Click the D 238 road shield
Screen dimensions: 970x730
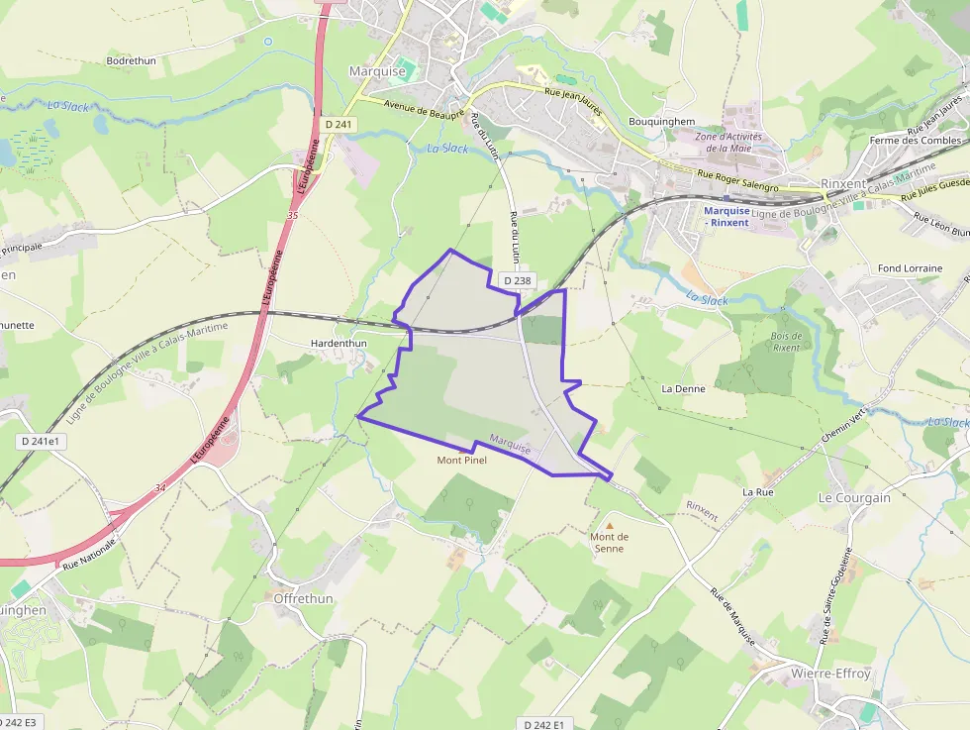517,281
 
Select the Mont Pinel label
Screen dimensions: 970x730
462,461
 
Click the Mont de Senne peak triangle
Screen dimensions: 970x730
610,525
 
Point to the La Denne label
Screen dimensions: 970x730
683,389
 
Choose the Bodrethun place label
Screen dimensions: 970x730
131,60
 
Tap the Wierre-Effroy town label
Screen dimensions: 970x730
830,674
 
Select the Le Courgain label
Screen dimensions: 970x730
854,498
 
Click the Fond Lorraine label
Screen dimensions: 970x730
910,268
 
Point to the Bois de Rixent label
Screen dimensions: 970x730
786,342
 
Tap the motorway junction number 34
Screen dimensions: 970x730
160,488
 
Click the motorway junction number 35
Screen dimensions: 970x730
292,215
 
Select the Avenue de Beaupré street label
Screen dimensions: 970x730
425,110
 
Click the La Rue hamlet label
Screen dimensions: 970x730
757,491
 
